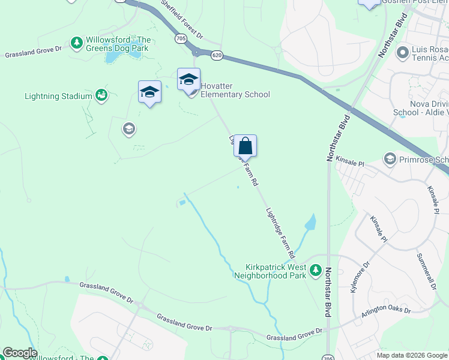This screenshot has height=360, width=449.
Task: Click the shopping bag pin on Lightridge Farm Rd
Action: tap(245, 146)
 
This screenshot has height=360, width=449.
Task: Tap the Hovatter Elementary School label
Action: tap(235, 90)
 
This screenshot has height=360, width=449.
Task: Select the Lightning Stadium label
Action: tap(58, 96)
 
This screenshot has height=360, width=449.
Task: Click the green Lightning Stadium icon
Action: tap(101, 95)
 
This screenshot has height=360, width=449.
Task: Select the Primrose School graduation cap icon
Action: tap(390, 158)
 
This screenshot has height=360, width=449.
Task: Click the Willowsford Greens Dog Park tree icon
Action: tap(76, 43)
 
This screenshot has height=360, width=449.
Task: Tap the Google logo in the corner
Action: tap(20, 353)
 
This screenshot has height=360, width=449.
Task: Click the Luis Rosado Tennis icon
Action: tap(402, 53)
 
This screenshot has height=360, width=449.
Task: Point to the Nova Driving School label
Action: tap(420, 107)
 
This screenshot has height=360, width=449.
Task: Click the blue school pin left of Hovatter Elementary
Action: tap(149, 92)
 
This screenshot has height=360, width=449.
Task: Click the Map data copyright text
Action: tap(412, 355)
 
